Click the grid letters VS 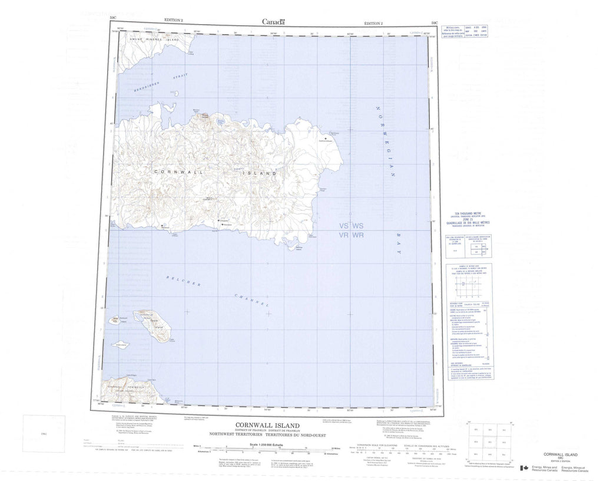tap(344, 226)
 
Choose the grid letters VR tap(344, 235)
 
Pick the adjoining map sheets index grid tap(487, 442)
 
